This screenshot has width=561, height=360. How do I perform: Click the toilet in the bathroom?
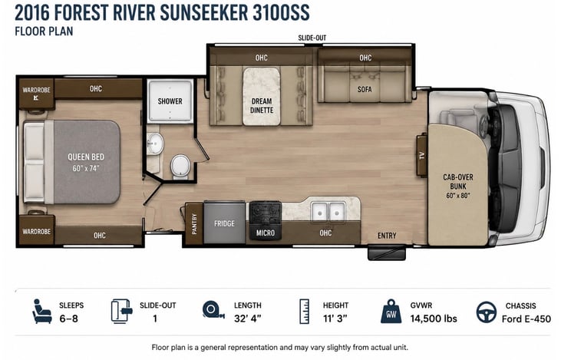(180, 167)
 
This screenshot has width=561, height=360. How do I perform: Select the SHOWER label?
(170, 101)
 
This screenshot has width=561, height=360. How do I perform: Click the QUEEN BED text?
(86, 157)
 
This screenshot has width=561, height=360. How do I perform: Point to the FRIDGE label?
(224, 223)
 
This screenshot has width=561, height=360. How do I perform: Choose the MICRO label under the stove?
(266, 233)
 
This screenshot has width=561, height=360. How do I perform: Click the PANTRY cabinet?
(194, 224)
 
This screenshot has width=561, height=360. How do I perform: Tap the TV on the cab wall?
(422, 155)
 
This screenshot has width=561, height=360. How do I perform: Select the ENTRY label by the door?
(387, 236)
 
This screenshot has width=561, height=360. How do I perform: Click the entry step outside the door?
(387, 253)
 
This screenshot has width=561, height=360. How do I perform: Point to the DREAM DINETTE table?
(262, 96)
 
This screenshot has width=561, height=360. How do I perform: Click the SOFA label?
(365, 89)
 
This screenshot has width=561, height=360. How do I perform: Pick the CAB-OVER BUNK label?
(458, 182)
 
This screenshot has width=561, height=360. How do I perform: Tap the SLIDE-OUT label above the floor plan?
(312, 38)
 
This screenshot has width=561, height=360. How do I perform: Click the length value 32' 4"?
(248, 318)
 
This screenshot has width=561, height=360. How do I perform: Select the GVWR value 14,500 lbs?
(434, 319)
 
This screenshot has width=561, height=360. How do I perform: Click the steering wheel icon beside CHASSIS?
(487, 312)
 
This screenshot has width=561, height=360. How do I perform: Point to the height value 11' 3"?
(335, 318)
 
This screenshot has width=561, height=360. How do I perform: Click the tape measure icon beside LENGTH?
(213, 310)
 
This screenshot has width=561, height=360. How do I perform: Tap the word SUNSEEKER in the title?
(203, 12)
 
